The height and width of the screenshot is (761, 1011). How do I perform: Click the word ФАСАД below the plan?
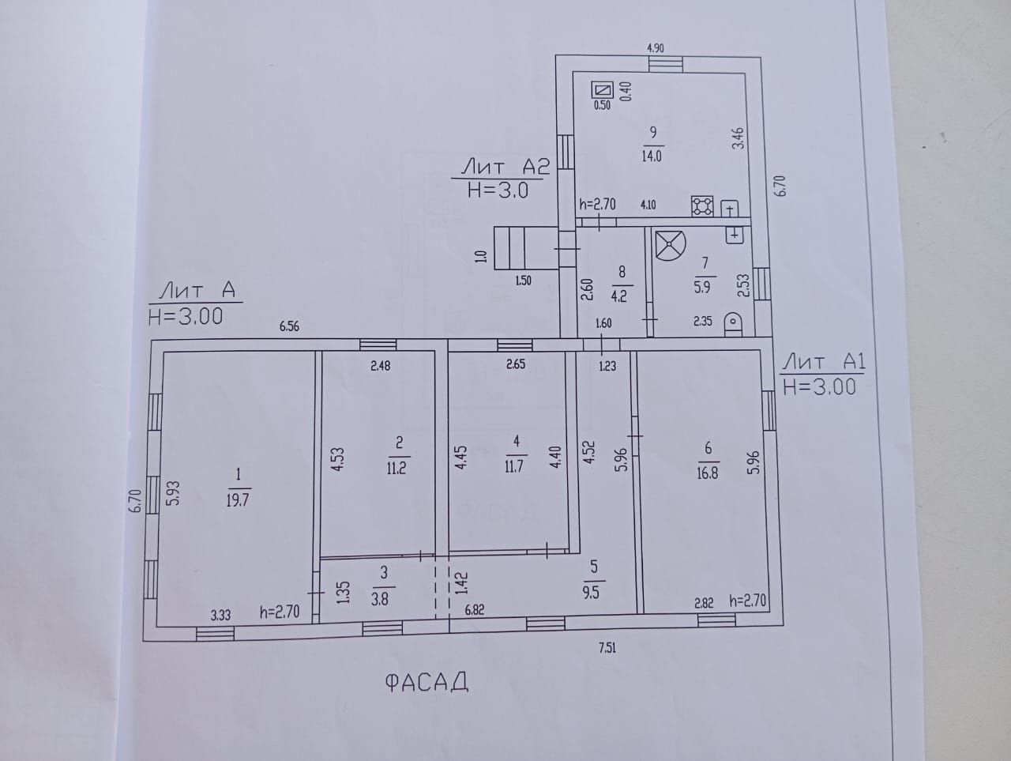[426, 682]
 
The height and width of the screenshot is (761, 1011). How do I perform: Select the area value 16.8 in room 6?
[707, 473]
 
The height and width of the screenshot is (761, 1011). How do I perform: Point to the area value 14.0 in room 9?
[652, 156]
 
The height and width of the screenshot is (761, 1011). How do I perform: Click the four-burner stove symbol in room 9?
[702, 206]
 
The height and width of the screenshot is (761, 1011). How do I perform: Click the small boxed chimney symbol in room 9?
[603, 89]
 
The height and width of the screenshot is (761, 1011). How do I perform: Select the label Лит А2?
[505, 167]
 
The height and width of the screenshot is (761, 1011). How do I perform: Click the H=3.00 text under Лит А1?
[819, 387]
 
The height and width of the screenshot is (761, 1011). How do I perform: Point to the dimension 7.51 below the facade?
[607, 648]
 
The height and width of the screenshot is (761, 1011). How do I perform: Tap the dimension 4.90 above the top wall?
[656, 48]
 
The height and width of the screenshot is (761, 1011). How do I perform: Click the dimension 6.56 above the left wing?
[289, 326]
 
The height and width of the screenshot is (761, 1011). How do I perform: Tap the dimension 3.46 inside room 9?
[738, 138]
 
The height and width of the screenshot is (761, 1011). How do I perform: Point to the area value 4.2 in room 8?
[618, 296]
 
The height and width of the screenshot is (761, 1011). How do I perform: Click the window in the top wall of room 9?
[666, 65]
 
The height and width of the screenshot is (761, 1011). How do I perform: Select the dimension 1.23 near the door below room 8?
[607, 366]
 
